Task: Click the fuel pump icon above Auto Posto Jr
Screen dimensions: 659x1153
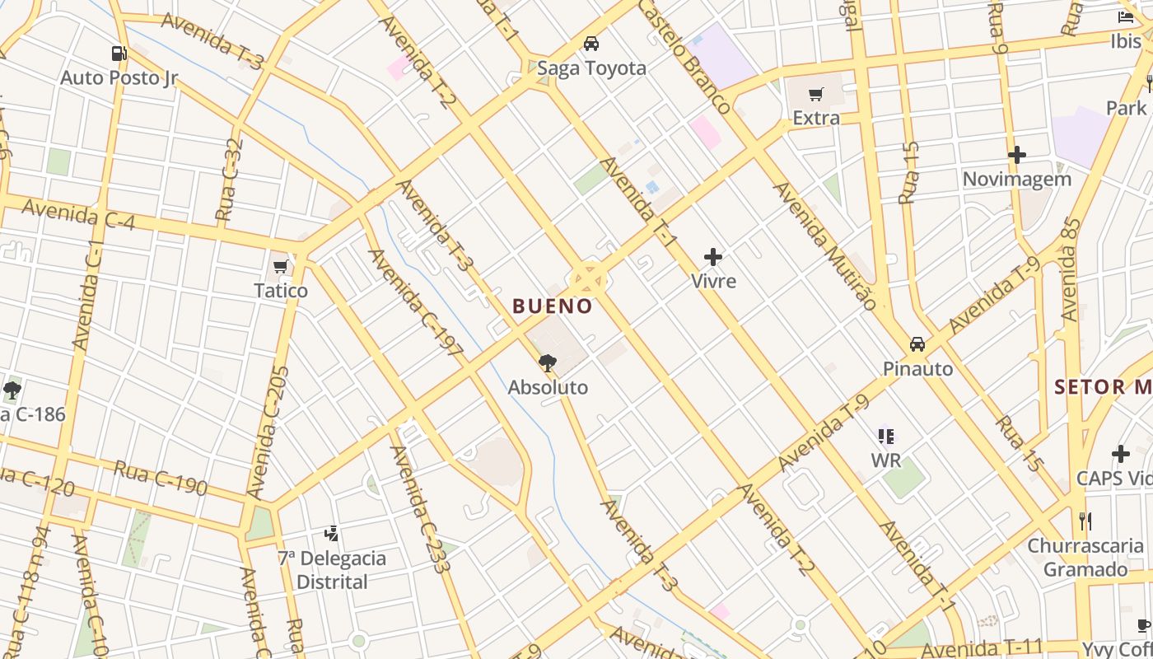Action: [x=119, y=54]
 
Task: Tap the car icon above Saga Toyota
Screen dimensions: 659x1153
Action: [x=591, y=44]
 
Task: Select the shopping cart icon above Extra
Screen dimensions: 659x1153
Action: [x=815, y=95]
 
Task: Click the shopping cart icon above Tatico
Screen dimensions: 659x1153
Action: [x=280, y=266]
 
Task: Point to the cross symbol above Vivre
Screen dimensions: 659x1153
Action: [x=713, y=257]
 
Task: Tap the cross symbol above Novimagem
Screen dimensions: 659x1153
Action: [x=1017, y=154]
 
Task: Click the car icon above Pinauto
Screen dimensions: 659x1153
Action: [x=917, y=344]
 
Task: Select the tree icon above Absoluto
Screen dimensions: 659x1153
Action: [x=547, y=362]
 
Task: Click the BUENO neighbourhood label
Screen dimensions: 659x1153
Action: [x=552, y=306]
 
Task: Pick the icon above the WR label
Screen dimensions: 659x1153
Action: [x=886, y=436]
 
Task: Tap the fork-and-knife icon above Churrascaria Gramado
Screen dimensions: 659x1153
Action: [x=1085, y=521]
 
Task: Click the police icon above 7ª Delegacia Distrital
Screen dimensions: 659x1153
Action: [x=331, y=534]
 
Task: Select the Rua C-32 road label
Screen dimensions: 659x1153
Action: [x=229, y=180]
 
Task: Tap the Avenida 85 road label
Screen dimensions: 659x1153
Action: [x=1071, y=269]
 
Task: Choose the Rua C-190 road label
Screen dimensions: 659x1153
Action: [x=161, y=477]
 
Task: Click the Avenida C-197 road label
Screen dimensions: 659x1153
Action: [x=416, y=302]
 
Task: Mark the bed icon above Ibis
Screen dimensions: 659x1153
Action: [x=1126, y=16]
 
